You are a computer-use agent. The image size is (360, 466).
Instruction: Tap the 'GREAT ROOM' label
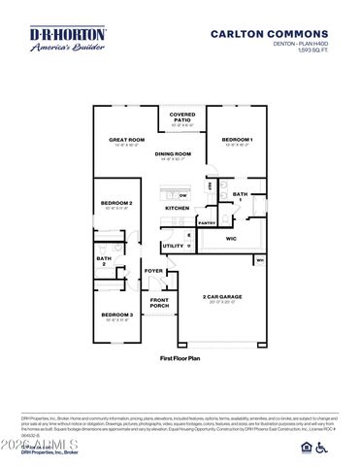[126, 140]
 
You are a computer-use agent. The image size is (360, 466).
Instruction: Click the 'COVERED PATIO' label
[182, 117]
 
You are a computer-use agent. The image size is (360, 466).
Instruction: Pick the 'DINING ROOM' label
[173, 153]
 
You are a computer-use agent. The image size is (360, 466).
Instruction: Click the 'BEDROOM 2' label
[115, 203]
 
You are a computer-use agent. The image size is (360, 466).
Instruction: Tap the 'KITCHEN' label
[177, 208]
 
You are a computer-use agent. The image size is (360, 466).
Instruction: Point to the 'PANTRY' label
[207, 222]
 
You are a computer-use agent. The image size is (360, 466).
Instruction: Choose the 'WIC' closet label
[231, 237]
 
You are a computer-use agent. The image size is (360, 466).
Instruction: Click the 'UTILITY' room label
[173, 246]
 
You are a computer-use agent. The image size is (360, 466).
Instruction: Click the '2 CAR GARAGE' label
[222, 296]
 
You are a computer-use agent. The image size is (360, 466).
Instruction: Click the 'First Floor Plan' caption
[180, 358]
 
